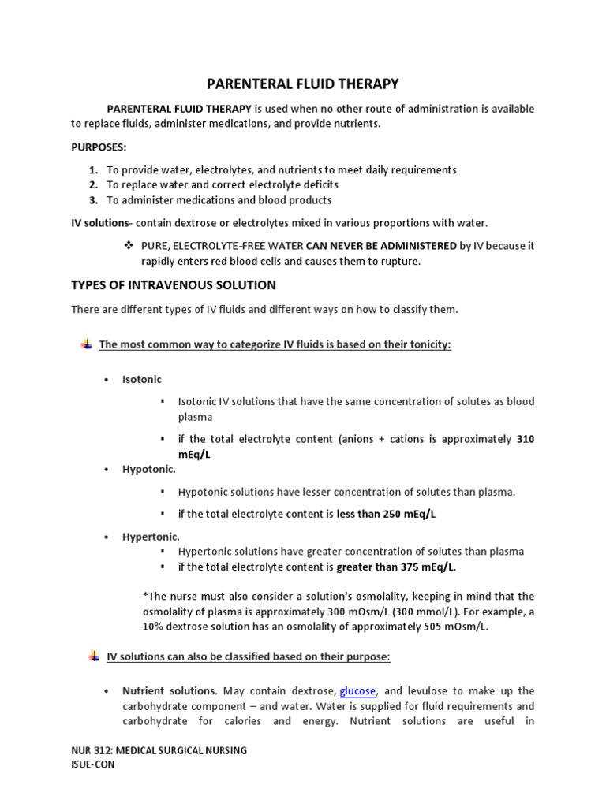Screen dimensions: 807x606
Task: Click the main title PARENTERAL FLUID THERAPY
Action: coord(302,83)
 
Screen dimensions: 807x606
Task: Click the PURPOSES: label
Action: coord(99,147)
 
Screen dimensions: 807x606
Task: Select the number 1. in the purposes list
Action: coord(93,169)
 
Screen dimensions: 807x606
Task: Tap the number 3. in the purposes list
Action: coord(93,199)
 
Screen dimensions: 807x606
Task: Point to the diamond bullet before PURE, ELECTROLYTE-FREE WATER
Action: coord(127,245)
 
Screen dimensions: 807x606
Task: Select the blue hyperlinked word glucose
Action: coord(357,691)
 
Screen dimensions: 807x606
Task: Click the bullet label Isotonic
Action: coord(142,379)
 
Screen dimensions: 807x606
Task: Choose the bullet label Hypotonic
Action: coord(148,469)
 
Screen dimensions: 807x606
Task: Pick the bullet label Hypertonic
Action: coord(150,537)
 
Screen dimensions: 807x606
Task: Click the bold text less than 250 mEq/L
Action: coord(386,514)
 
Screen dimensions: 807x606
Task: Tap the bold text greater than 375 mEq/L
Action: coord(396,567)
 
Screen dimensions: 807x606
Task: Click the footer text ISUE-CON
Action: coord(92,764)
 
